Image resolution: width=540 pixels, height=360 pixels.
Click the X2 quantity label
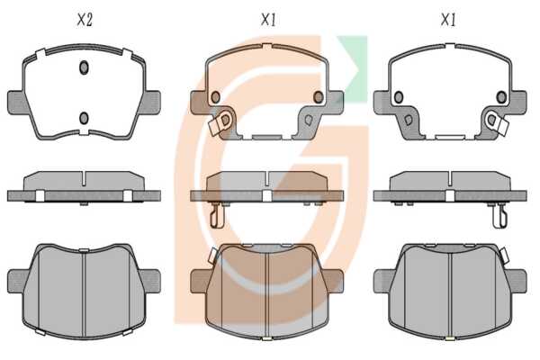tap(85, 20)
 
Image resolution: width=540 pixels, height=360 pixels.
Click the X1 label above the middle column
tap(268, 20)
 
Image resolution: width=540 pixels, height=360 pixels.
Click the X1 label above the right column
tap(448, 20)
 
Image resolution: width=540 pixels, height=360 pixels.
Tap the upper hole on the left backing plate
tap(84, 67)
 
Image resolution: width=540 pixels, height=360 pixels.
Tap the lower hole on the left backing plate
tap(84, 118)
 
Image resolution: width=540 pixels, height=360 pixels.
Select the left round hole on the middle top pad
tap(216, 97)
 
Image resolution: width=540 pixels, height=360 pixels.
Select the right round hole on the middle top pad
tap(319, 97)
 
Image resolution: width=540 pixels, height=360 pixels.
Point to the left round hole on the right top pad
tap(399, 97)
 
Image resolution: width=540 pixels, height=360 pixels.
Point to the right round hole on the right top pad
tap(501, 97)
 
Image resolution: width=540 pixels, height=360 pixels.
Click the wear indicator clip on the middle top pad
tap(220, 123)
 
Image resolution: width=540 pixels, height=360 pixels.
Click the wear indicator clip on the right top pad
tap(497, 123)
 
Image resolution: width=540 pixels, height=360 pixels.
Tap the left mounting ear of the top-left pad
tap(16, 103)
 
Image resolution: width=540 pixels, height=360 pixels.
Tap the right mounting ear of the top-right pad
tap(518, 103)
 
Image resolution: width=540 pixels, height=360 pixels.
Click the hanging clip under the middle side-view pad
tap(217, 215)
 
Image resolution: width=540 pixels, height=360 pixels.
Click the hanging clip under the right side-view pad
tap(500, 215)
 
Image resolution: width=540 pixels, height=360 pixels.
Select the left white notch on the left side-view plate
tap(40, 196)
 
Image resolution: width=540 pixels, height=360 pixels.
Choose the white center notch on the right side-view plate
tap(450, 196)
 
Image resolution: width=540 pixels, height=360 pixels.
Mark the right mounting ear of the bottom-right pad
tap(517, 281)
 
